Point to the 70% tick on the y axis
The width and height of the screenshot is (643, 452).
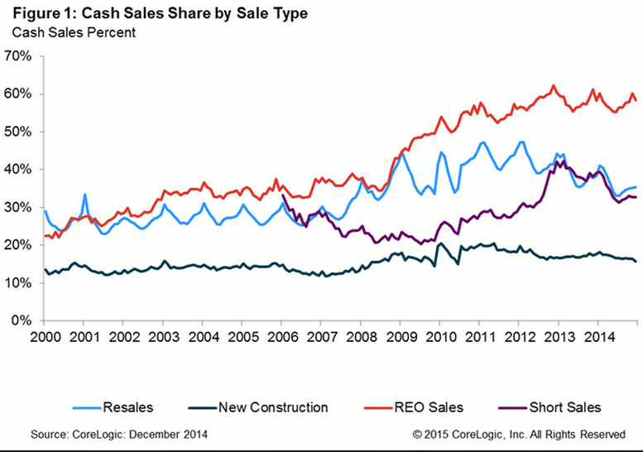[17, 56]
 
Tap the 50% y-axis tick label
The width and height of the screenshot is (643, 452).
[17, 132]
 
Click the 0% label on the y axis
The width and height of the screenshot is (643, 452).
[21, 320]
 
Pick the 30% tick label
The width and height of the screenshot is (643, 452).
[17, 207]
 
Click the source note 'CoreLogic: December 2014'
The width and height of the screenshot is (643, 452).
[120, 433]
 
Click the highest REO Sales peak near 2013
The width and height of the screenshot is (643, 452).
[553, 85]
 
